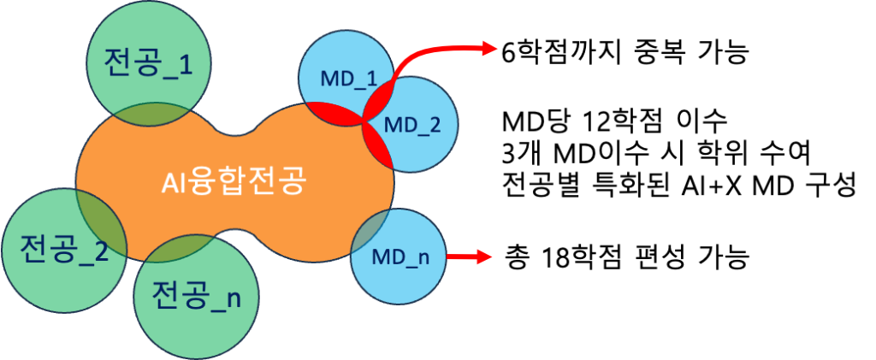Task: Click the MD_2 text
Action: point(411,125)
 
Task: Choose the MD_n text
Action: point(400,256)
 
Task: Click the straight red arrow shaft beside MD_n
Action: point(462,256)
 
